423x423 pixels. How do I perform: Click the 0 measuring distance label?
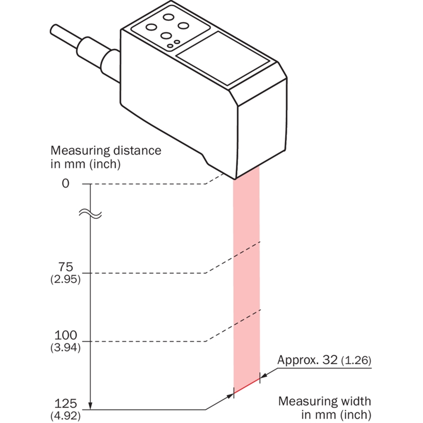click(x=66, y=184)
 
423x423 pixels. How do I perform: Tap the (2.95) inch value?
click(x=66, y=280)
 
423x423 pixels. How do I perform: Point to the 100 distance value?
click(x=66, y=335)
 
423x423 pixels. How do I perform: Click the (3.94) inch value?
click(x=66, y=348)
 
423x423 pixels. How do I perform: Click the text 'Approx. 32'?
click(x=308, y=361)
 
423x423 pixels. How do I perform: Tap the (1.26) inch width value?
click(x=357, y=361)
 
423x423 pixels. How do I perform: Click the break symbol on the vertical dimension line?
click(x=90, y=214)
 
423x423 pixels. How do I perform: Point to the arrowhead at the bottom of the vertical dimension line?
click(x=91, y=406)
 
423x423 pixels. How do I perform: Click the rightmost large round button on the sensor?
click(x=185, y=25)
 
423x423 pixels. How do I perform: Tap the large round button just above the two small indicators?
click(x=167, y=36)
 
